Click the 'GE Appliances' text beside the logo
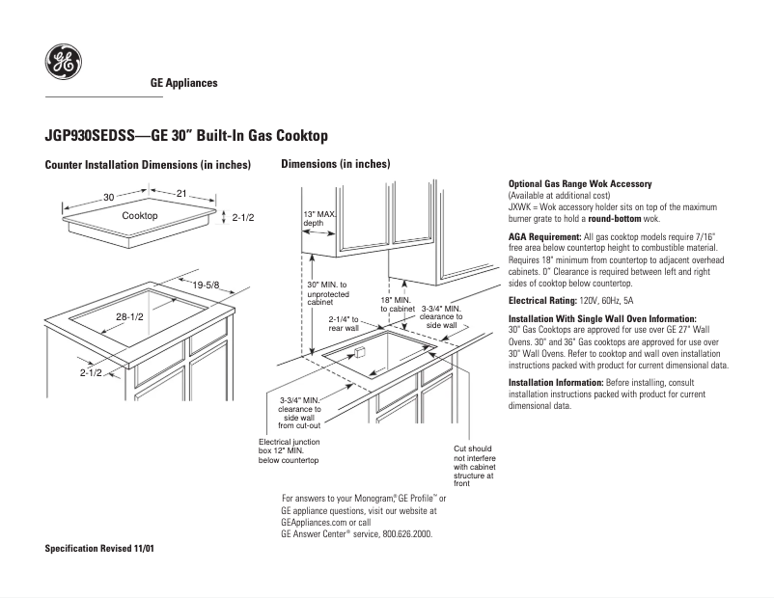click(183, 83)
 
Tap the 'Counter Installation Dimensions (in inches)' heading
click(148, 165)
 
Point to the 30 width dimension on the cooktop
click(109, 197)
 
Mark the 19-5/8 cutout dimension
click(206, 285)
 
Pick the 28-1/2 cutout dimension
click(130, 316)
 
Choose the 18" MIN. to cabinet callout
click(396, 305)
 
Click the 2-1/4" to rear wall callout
click(344, 323)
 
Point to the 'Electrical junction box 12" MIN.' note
click(289, 451)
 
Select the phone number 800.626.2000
click(406, 533)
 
